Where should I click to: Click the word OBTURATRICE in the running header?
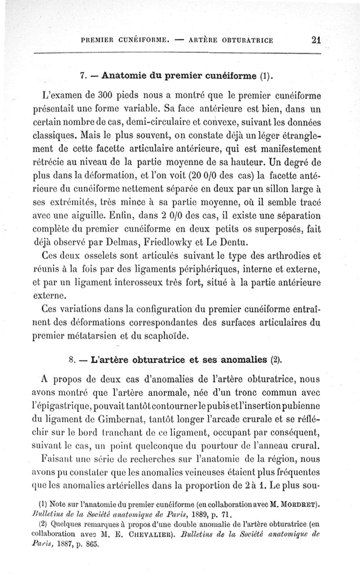point(246,40)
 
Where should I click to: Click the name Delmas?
point(116,244)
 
